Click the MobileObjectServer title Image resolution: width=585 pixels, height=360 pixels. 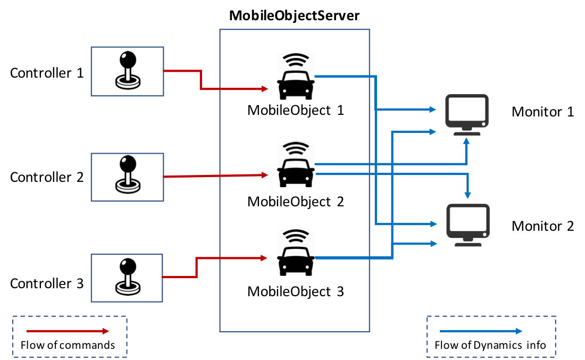pyautogui.click(x=294, y=15)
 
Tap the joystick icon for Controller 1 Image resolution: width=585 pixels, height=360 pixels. pyautogui.click(x=128, y=70)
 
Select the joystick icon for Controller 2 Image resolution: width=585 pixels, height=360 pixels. pyautogui.click(x=128, y=174)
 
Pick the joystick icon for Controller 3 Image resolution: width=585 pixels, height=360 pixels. pyautogui.click(x=128, y=277)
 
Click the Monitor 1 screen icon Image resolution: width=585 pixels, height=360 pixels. pyautogui.click(x=467, y=115)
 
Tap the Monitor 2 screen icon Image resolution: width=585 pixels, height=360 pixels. pyautogui.click(x=468, y=225)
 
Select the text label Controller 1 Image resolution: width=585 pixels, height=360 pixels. pyautogui.click(x=47, y=73)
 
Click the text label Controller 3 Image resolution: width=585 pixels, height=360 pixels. pyautogui.click(x=47, y=283)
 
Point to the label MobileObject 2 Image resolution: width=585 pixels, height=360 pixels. pyautogui.click(x=296, y=202)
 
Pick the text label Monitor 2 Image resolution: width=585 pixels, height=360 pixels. pyautogui.click(x=542, y=226)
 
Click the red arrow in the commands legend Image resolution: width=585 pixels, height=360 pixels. pyautogui.click(x=68, y=331)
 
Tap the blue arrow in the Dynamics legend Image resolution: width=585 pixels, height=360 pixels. pyautogui.click(x=481, y=331)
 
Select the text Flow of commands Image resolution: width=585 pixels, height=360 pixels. pyautogui.click(x=68, y=346)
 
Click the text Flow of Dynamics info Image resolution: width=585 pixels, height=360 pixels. pyautogui.click(x=490, y=346)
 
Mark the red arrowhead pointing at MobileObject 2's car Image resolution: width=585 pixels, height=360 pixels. pyautogui.click(x=265, y=175)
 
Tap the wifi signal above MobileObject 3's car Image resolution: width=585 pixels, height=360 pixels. pyautogui.click(x=296, y=236)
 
